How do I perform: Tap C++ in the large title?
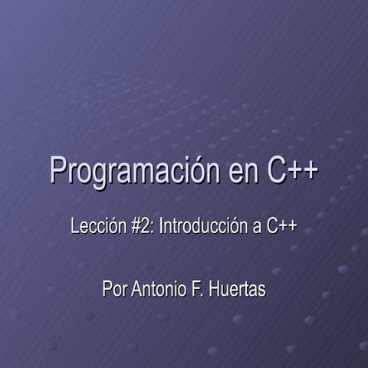[x=292, y=169]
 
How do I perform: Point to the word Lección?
[x=95, y=227]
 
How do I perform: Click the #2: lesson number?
[x=140, y=227]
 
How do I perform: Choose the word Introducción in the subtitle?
[x=203, y=227]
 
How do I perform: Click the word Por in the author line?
[x=114, y=291]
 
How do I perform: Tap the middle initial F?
[x=198, y=291]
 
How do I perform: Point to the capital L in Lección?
[x=74, y=227]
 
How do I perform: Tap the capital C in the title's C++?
[x=277, y=169]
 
